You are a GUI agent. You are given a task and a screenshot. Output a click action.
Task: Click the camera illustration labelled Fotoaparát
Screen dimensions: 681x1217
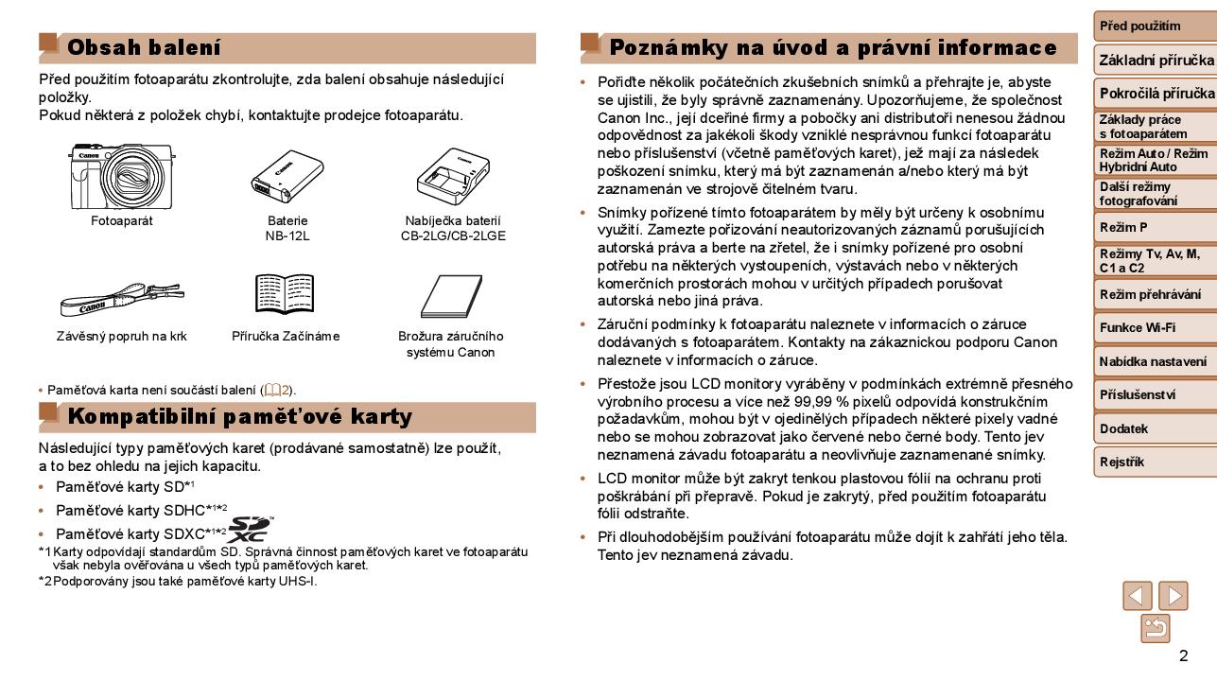(x=121, y=177)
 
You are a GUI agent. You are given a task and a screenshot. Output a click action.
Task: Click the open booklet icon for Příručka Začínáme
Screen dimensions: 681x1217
(x=285, y=294)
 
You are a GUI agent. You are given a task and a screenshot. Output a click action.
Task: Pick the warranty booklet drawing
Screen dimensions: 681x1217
(x=453, y=297)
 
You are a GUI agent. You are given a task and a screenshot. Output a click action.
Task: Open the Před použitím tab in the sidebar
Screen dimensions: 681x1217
(x=1154, y=26)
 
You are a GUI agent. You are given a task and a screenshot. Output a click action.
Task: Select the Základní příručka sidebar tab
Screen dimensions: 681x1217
(x=1156, y=61)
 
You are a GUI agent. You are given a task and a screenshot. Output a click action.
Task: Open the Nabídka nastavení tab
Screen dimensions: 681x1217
(x=1154, y=362)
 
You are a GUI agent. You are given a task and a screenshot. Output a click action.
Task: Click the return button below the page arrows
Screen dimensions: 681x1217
(x=1156, y=627)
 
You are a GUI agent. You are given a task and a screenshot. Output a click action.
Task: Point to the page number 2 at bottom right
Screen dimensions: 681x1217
(x=1183, y=656)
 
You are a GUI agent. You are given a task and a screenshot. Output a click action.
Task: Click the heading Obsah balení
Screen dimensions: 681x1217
(x=144, y=47)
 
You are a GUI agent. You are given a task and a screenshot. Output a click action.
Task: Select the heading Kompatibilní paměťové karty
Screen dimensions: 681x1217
(x=239, y=417)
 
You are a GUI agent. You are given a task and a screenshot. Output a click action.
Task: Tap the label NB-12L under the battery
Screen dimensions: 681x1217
(x=287, y=236)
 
